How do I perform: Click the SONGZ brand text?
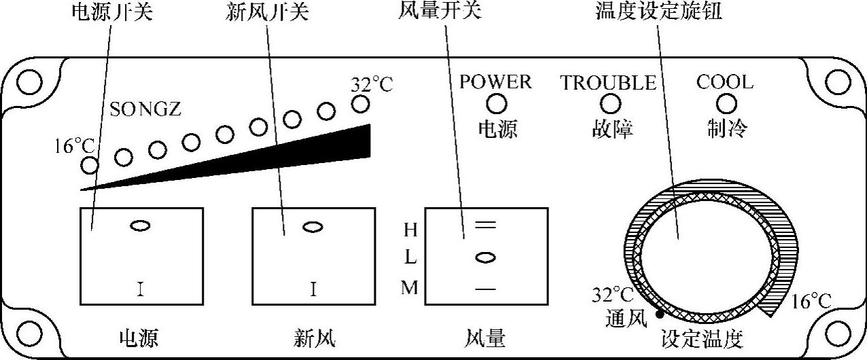point(145,109)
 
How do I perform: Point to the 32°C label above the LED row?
point(372,86)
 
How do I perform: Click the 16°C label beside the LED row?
point(76,145)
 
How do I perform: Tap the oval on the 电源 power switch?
point(140,226)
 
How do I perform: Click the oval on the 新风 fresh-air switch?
point(313,227)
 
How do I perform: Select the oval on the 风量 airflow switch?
point(484,257)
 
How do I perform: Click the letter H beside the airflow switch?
point(410,230)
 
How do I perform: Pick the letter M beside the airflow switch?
point(410,288)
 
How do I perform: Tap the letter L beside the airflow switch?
point(410,259)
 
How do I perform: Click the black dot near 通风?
point(659,314)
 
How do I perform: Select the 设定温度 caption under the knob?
point(703,338)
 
